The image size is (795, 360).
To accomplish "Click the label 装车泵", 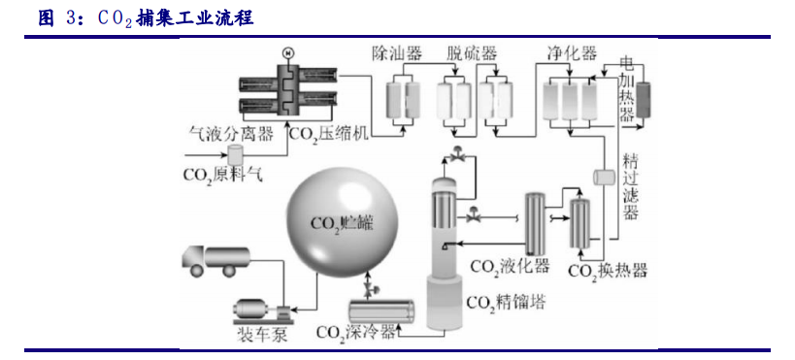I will click(x=260, y=335).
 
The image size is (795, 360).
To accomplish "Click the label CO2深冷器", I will click(x=355, y=333).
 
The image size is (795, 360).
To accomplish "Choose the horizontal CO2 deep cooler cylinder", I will click(x=383, y=311).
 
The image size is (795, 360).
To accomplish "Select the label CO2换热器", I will click(x=607, y=271).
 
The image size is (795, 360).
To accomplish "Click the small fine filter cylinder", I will click(x=599, y=177).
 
